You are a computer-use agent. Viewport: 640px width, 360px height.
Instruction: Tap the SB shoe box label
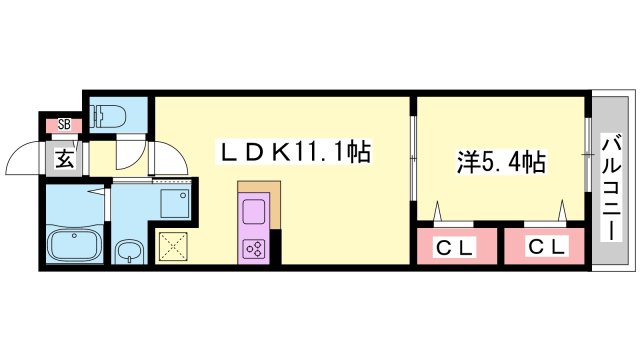point(64,125)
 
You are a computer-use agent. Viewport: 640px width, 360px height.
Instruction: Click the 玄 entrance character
point(63,156)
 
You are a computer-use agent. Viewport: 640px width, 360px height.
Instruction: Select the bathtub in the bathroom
point(76,246)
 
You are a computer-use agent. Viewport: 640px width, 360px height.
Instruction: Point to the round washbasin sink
point(127,250)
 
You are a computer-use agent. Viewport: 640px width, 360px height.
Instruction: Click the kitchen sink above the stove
point(253,213)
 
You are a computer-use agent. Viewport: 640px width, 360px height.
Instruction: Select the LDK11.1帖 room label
point(295,153)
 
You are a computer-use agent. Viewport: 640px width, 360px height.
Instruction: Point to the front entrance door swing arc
point(24,155)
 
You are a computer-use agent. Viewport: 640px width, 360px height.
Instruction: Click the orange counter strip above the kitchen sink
point(253,190)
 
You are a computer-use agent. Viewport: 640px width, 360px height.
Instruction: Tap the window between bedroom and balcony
point(588,160)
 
